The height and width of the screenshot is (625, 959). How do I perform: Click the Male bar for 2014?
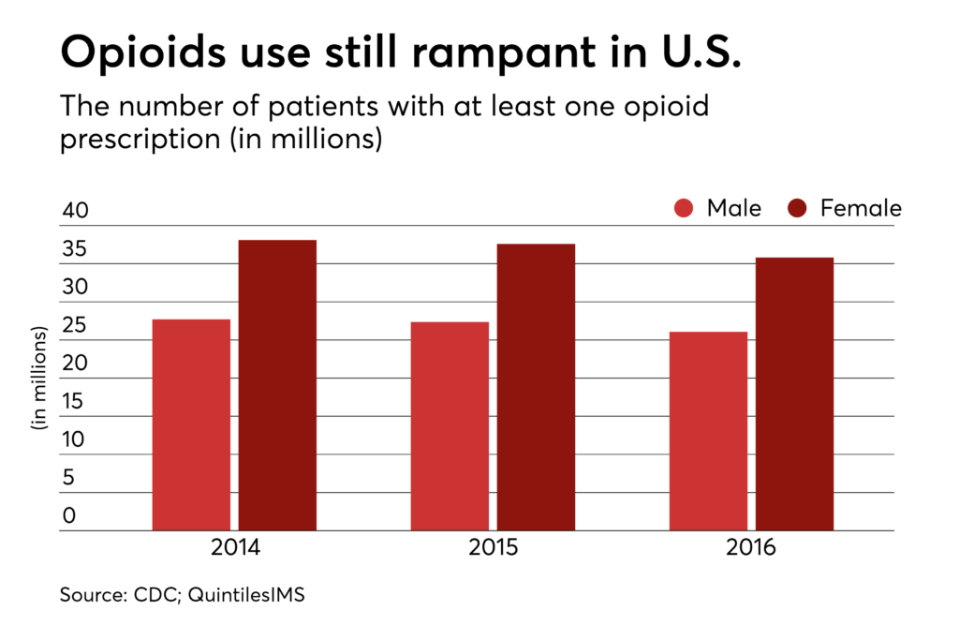coord(191,424)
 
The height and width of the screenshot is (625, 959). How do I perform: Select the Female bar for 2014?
coord(277,385)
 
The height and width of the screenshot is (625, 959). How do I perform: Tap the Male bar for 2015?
coord(450,426)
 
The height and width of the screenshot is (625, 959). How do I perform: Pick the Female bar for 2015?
coord(536,387)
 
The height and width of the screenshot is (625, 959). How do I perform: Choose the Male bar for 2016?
coord(708,431)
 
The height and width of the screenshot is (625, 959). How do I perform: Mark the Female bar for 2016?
coord(794,394)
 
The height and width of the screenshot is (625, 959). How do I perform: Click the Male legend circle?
coord(685,208)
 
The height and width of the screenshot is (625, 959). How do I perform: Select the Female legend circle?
coord(798,208)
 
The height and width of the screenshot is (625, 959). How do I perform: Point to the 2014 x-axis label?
coord(234,548)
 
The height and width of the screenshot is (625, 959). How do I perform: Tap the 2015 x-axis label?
coord(493,548)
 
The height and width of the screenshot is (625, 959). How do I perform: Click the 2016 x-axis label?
coord(751,548)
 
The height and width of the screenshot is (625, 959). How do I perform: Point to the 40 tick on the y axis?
coord(75,212)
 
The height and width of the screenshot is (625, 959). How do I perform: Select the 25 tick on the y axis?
coord(75,326)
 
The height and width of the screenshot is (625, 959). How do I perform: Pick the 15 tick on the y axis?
coord(75,402)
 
